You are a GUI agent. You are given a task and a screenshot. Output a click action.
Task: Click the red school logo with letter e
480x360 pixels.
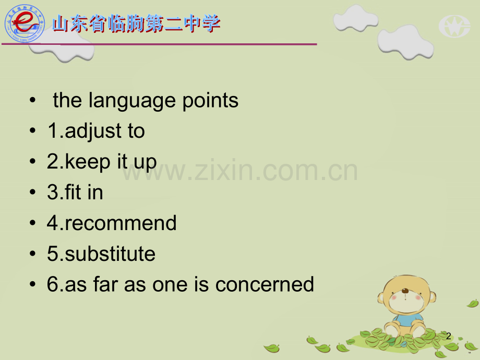[x=24, y=23]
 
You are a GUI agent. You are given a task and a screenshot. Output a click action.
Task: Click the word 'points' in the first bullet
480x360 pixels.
[x=210, y=100]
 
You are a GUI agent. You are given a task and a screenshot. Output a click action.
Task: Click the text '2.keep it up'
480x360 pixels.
[x=102, y=162]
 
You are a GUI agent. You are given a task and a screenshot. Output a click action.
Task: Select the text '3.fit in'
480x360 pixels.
[x=75, y=193]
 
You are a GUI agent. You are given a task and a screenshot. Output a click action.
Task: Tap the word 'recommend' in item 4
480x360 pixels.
[x=121, y=223]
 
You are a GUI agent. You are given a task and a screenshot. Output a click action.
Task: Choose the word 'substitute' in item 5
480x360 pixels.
[x=110, y=254]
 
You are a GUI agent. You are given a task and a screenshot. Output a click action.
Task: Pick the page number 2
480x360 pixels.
[x=448, y=337]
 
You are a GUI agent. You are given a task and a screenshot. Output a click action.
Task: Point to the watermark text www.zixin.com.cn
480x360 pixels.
[x=240, y=170]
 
